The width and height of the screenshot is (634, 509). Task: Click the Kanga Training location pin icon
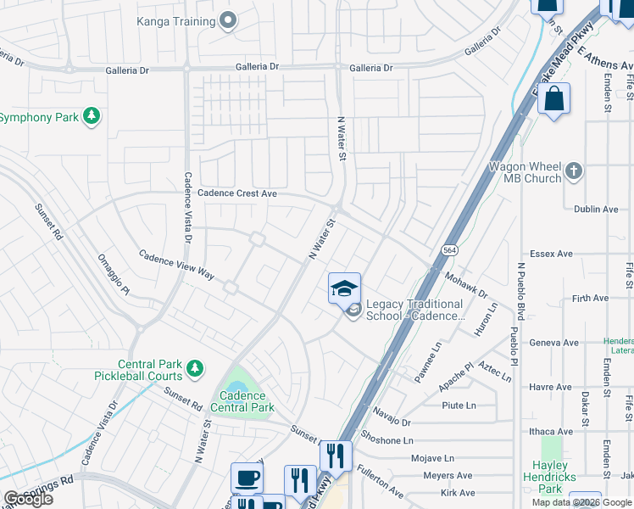coord(227,20)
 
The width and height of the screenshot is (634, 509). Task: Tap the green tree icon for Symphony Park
coord(91,116)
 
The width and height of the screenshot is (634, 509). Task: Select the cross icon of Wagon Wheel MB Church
coord(574,171)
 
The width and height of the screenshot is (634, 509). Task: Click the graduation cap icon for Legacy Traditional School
coord(344,289)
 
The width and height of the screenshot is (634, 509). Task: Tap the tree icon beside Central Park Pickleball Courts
coord(195,368)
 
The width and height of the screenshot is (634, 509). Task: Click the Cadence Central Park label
coord(242,401)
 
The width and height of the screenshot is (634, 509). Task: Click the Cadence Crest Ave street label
coord(237,193)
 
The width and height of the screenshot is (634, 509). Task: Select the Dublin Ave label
coord(597,209)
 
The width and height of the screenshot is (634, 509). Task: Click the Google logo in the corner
coord(28,499)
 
